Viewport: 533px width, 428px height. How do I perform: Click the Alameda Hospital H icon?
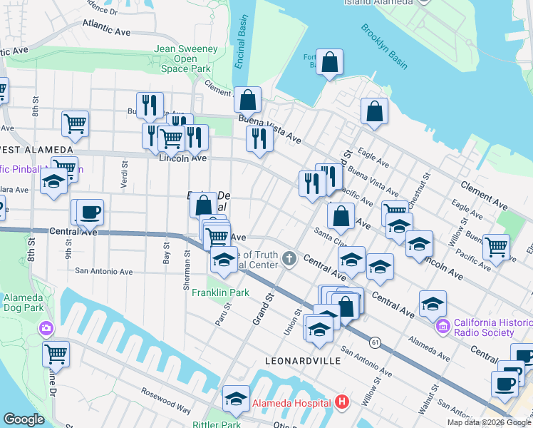(342, 402)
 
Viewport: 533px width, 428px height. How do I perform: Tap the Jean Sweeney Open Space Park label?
(185, 59)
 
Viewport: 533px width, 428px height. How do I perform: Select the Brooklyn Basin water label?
(384, 47)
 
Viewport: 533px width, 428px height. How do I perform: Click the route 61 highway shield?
(375, 343)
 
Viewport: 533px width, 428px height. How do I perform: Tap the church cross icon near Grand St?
(289, 258)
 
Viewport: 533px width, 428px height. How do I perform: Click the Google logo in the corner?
(24, 419)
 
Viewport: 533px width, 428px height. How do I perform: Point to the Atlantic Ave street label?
(106, 27)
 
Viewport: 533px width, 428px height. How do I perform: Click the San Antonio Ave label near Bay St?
(104, 271)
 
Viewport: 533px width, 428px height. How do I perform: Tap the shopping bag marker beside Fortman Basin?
(330, 63)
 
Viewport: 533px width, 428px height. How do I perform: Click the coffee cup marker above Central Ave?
(90, 212)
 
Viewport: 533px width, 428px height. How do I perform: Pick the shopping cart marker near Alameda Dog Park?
(56, 353)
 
